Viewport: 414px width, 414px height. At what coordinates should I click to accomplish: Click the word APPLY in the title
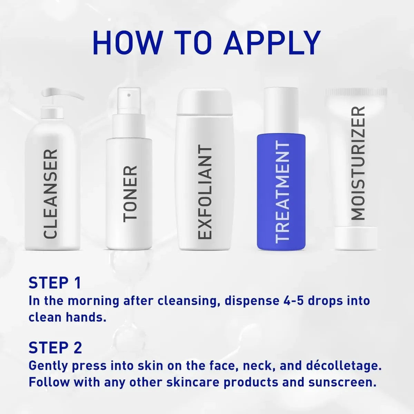[272, 43]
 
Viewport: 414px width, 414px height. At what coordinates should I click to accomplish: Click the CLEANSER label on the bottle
[50, 194]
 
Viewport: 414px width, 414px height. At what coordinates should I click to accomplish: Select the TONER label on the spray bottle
[130, 194]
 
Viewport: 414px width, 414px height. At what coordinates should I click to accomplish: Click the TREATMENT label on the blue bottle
[282, 192]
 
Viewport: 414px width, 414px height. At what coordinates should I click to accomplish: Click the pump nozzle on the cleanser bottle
[62, 95]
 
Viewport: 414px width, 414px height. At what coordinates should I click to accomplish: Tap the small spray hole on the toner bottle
[129, 95]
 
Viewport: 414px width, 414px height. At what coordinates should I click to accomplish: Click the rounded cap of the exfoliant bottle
[205, 101]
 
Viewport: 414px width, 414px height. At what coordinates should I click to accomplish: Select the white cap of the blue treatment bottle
[281, 111]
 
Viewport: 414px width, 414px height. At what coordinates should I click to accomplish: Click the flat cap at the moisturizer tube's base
[356, 238]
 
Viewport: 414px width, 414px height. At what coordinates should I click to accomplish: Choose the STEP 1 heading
[55, 283]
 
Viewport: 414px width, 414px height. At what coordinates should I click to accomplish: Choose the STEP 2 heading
[55, 348]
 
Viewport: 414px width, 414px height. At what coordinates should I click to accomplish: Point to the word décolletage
[342, 366]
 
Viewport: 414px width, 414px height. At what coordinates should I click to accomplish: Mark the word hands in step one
[86, 317]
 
